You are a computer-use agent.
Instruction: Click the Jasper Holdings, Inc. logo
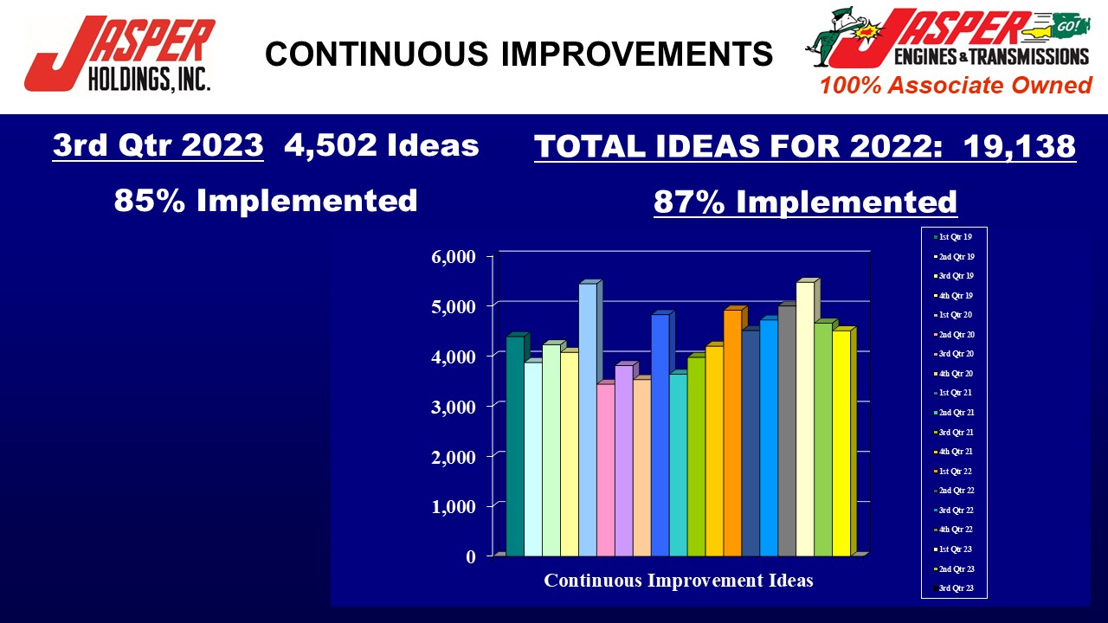coord(119,54)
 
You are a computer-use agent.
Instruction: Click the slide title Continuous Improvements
coord(519,54)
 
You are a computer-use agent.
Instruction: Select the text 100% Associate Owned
coord(956,85)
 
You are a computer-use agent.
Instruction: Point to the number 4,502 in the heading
coord(331,145)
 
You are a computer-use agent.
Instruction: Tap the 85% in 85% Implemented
coord(150,200)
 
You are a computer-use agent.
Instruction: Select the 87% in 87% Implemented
coord(689,202)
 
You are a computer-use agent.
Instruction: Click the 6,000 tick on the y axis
coord(454,257)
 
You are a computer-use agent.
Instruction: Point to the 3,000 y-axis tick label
coord(454,407)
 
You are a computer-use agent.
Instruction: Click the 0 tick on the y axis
coord(470,556)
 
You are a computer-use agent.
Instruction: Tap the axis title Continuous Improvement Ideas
coord(678,580)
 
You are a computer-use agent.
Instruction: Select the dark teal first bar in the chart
coord(515,446)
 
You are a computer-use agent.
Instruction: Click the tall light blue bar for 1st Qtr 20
coord(588,420)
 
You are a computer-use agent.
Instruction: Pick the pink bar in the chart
coord(606,470)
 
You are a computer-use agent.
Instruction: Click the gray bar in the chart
coord(787,431)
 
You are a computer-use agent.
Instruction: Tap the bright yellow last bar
coord(841,443)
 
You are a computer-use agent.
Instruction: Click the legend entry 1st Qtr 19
coord(953,237)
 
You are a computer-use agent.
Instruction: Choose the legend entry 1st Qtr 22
coord(953,472)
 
